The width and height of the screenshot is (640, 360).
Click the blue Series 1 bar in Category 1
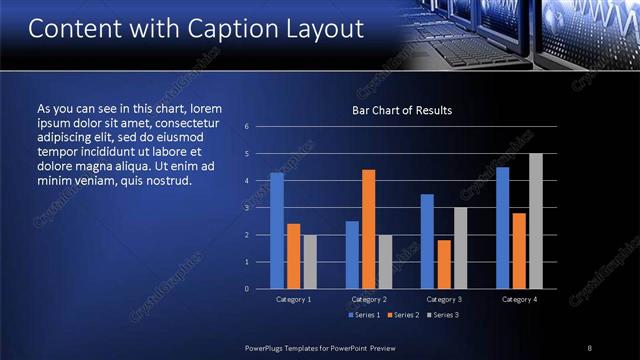[x=277, y=231]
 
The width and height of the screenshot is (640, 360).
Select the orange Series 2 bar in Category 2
[x=368, y=229]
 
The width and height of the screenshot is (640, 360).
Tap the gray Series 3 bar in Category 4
[x=535, y=221]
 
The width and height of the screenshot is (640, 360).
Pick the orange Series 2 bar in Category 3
[x=443, y=264]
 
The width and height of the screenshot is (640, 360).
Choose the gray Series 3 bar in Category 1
[x=309, y=262]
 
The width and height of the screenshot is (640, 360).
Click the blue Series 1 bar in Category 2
[x=352, y=255]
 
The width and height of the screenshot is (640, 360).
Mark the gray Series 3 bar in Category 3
[x=460, y=248]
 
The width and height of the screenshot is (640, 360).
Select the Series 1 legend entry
[x=365, y=316]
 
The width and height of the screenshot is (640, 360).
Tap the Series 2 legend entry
[x=403, y=316]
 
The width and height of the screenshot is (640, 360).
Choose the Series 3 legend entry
[x=442, y=316]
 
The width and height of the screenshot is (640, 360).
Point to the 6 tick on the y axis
[x=246, y=127]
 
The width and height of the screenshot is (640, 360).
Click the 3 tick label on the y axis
[x=246, y=208]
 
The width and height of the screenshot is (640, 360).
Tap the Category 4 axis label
[x=518, y=299]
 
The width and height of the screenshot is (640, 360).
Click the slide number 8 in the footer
[x=590, y=347]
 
